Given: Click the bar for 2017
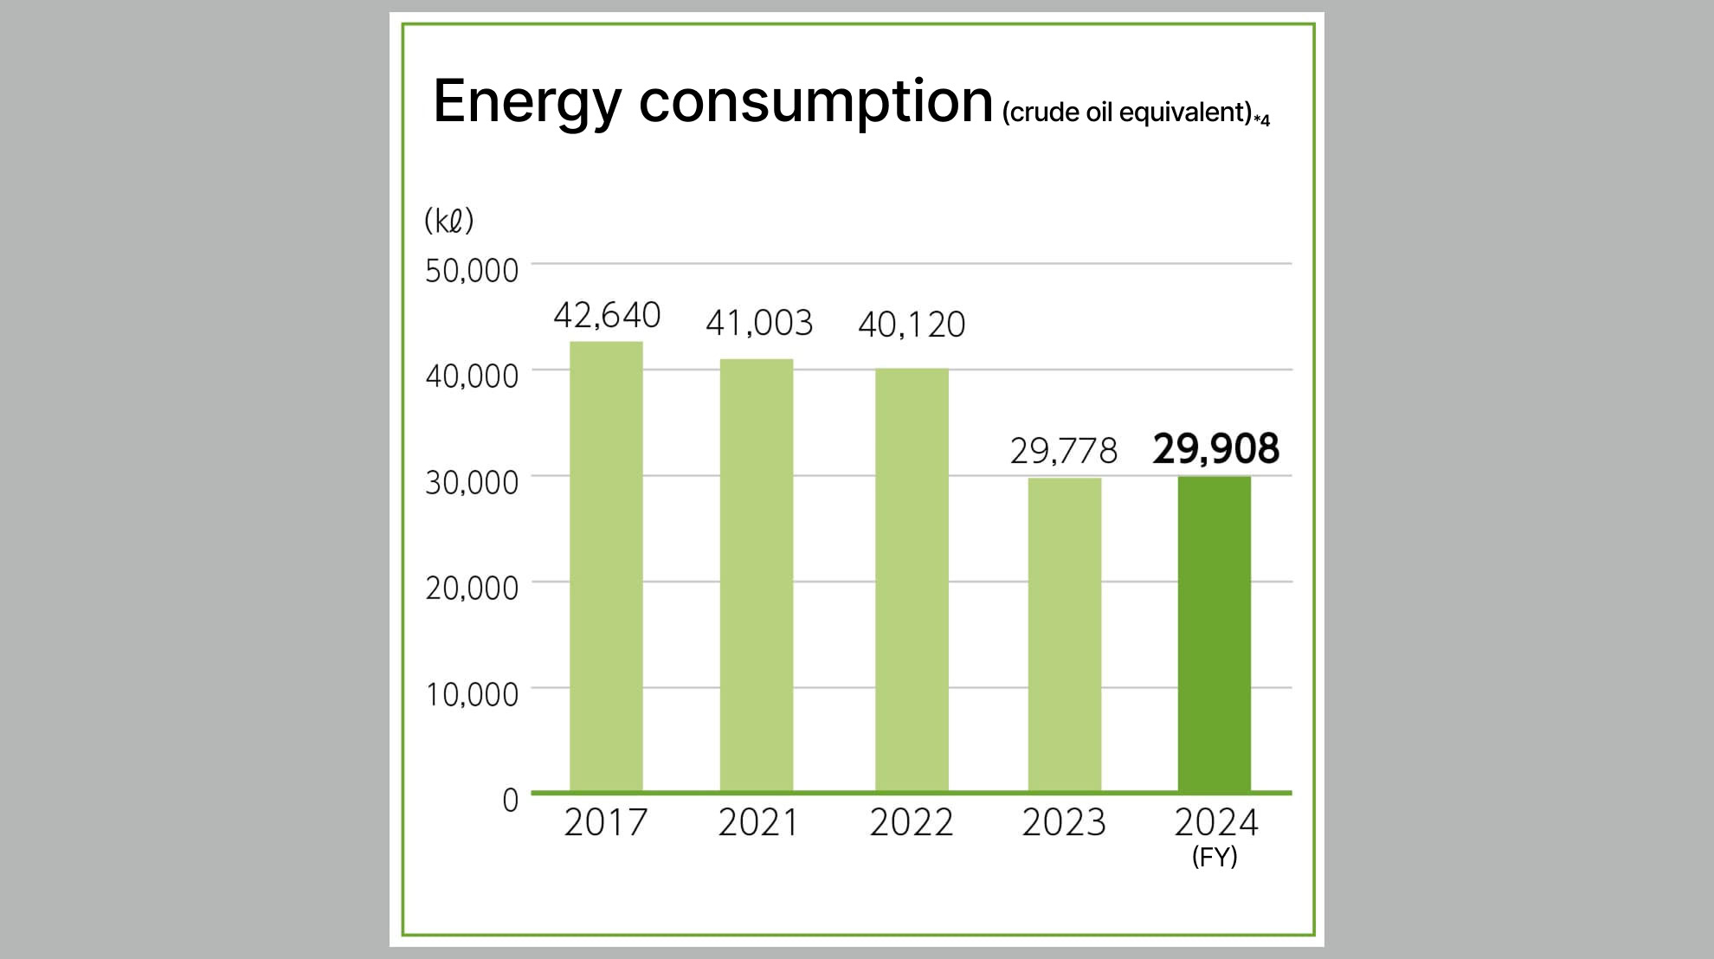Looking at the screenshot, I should coord(606,566).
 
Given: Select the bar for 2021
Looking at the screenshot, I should coord(757,575).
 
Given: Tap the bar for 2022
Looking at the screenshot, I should coord(912,580).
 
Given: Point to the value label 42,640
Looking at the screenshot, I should coord(607,315).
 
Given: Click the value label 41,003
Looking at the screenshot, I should coord(759,323).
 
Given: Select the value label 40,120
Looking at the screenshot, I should coord(912,325).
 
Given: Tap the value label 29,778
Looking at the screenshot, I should coord(1064,451).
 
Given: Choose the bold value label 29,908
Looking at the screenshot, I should coord(1215,449).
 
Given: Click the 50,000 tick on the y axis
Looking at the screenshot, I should coord(472,271).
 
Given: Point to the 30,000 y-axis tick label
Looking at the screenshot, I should coord(472,482).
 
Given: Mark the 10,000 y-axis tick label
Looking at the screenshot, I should coord(472,694).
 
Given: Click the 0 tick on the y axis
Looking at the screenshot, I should coord(510,800).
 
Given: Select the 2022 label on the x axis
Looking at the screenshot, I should coord(912,822).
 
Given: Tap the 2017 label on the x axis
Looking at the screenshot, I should coord(606,822).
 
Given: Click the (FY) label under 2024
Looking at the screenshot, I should coord(1215,857).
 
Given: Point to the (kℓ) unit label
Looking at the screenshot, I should coord(449,221).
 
